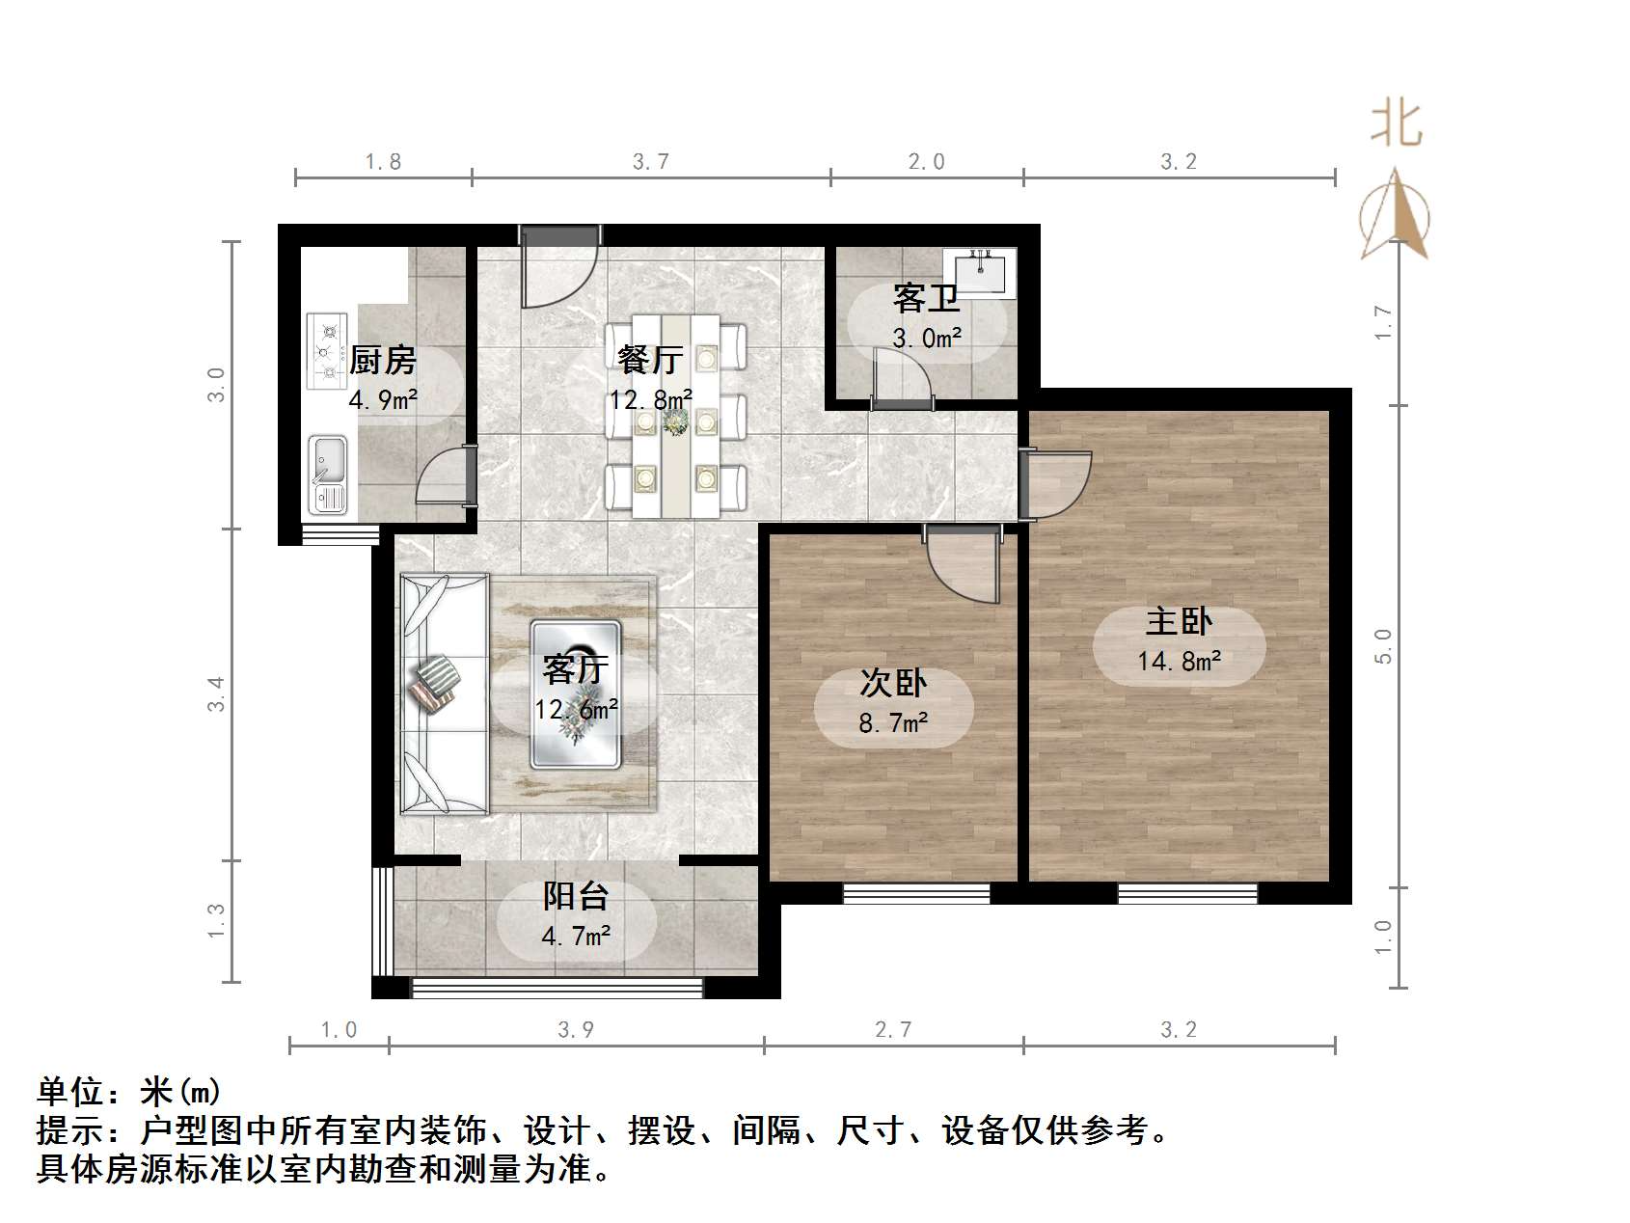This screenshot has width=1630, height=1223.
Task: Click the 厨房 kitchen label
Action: tap(382, 360)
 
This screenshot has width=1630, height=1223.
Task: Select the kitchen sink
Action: tap(328, 474)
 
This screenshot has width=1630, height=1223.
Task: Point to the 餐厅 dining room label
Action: tap(650, 359)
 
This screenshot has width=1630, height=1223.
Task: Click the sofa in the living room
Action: tap(443, 693)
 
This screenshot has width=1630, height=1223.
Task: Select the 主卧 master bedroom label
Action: tap(1178, 621)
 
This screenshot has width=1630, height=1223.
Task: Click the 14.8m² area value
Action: tap(1179, 661)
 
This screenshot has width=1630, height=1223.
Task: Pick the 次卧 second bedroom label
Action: tap(893, 683)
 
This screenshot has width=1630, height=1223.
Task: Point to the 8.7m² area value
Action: tap(893, 722)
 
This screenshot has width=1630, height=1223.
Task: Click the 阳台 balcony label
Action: tap(575, 896)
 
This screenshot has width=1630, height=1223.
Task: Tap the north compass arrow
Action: tap(1395, 217)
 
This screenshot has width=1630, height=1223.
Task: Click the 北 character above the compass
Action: tap(1396, 125)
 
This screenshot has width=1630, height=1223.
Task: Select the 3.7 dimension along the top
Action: tap(651, 162)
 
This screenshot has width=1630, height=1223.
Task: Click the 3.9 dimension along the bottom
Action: tap(576, 1030)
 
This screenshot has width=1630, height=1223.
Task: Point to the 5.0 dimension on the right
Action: tap(1384, 645)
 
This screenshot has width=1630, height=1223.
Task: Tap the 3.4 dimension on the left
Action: tap(217, 694)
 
